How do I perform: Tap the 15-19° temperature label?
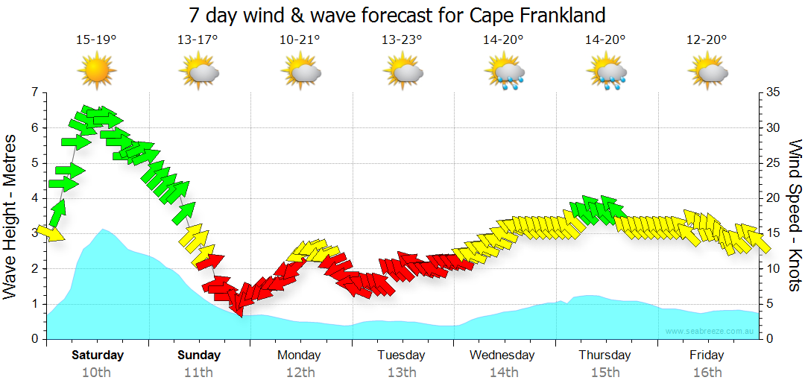coord(96,40)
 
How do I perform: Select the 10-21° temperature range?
coord(300,40)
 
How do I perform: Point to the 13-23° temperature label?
coord(402,40)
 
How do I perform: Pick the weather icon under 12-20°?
coord(707,72)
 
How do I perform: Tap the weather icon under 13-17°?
coord(198,72)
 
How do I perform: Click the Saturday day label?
coord(98,355)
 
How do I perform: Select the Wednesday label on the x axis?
coord(502,355)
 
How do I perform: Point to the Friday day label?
coord(707,355)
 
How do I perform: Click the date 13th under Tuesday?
coord(402,372)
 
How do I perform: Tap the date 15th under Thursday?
coord(605,372)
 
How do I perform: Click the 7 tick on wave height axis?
coord(34,92)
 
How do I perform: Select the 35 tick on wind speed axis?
coord(773,92)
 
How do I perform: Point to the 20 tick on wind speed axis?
coord(773,198)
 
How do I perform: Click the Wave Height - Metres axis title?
coord(11,216)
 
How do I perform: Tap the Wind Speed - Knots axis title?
coord(795,216)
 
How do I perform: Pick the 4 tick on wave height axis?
coord(34,198)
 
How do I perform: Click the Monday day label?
coord(300,355)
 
